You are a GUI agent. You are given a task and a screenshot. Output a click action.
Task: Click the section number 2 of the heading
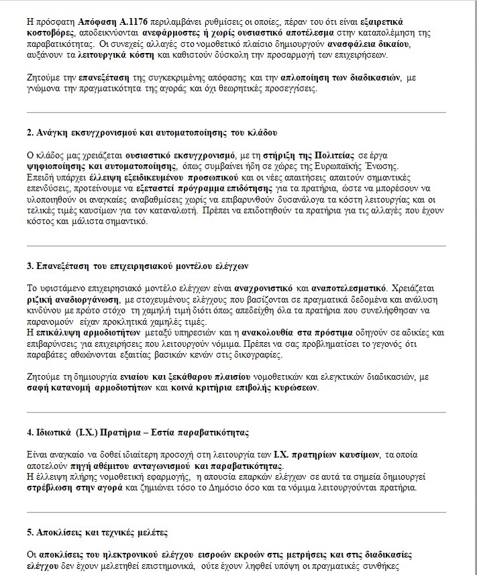pyautogui.click(x=30, y=132)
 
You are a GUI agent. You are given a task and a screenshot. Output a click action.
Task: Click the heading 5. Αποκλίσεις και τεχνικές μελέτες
pyautogui.click(x=97, y=532)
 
